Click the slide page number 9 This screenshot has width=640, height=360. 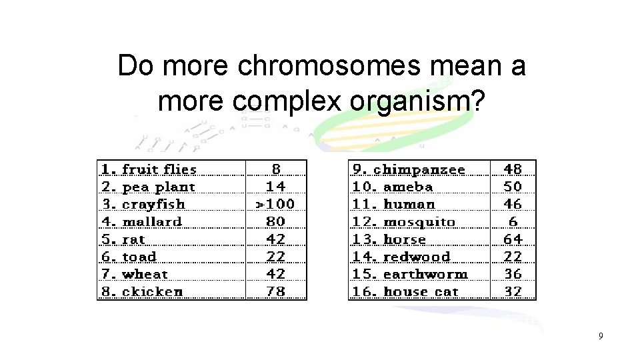tap(600, 336)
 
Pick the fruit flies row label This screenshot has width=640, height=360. tap(159, 169)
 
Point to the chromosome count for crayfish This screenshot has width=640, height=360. tap(275, 204)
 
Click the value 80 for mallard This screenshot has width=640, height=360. tap(275, 221)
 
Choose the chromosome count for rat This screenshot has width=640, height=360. tap(275, 239)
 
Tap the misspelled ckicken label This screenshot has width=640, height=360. tap(152, 291)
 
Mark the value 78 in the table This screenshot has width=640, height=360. tap(275, 291)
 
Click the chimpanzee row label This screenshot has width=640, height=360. tap(418, 169)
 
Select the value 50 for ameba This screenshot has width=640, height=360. tap(513, 187)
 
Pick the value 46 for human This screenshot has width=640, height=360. tap(513, 204)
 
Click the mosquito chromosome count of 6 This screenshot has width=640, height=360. tap(513, 221)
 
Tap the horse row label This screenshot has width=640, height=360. tap(404, 239)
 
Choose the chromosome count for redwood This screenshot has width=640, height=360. tap(513, 256)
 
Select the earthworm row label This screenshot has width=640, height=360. tap(425, 274)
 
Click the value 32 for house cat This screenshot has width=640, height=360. tap(513, 291)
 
